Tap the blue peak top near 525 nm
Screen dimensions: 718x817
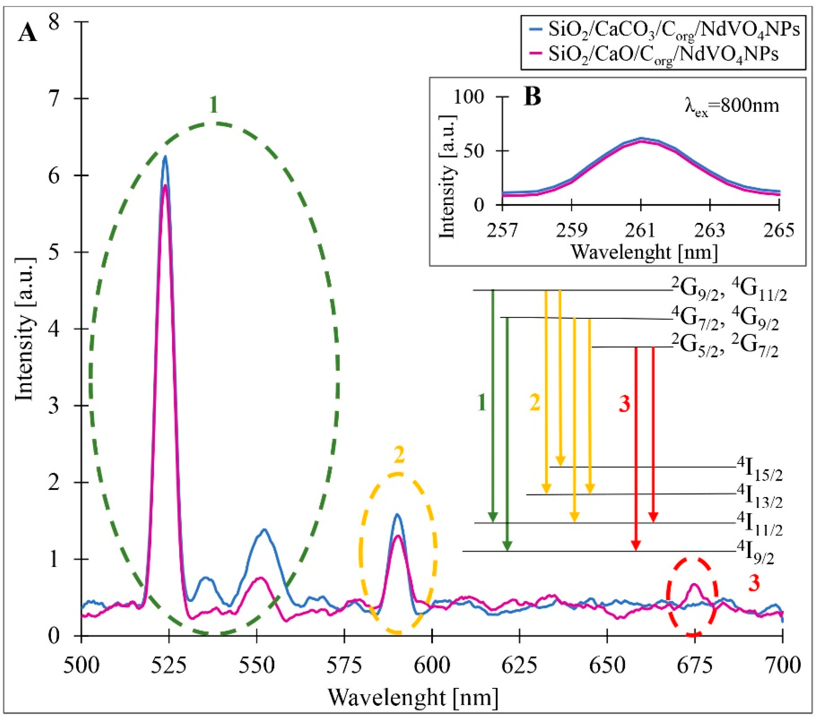point(164,157)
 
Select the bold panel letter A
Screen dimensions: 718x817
point(28,34)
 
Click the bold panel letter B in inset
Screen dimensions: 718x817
point(532,97)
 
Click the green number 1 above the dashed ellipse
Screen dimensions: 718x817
point(214,105)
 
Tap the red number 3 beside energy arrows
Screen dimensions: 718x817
point(624,405)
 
